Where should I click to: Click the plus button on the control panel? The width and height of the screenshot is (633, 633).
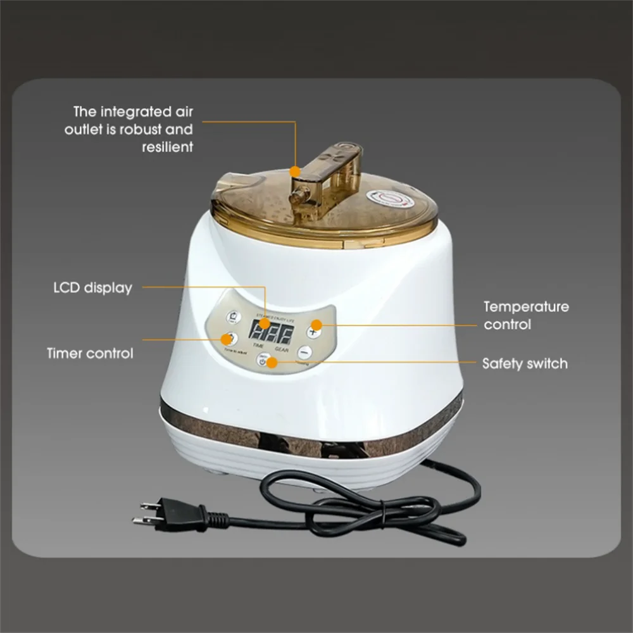(313, 330)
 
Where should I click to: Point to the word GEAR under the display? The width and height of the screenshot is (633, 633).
(283, 348)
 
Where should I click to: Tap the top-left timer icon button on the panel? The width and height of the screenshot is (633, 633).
(235, 316)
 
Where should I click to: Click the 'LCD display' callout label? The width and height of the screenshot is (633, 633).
(92, 288)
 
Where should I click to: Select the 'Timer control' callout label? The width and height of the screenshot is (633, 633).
(90, 353)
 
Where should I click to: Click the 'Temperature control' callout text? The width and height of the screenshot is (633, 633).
(526, 315)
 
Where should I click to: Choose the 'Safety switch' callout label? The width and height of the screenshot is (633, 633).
(525, 363)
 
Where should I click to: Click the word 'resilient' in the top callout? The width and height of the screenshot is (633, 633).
(167, 147)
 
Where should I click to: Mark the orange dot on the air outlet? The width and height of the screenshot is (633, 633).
(295, 170)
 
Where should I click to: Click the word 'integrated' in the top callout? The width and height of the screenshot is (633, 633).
(134, 113)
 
